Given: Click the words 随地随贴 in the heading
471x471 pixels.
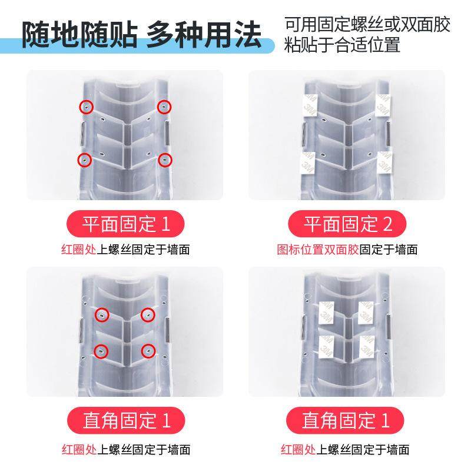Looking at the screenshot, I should point(77,36).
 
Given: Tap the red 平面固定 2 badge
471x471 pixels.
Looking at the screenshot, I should point(347,224).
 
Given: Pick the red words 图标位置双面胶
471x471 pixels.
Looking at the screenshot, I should point(318,250).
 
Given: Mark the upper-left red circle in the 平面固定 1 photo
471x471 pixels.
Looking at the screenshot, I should point(86,106).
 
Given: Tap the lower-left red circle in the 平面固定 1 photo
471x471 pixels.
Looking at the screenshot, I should point(85,160).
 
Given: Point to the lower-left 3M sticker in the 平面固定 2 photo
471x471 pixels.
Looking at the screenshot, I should point(307,162).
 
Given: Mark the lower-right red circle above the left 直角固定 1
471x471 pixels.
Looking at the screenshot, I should point(147,350).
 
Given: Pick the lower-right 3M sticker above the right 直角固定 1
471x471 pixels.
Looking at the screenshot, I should point(366,347).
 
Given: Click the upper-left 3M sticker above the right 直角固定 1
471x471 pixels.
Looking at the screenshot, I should point(327,311).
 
